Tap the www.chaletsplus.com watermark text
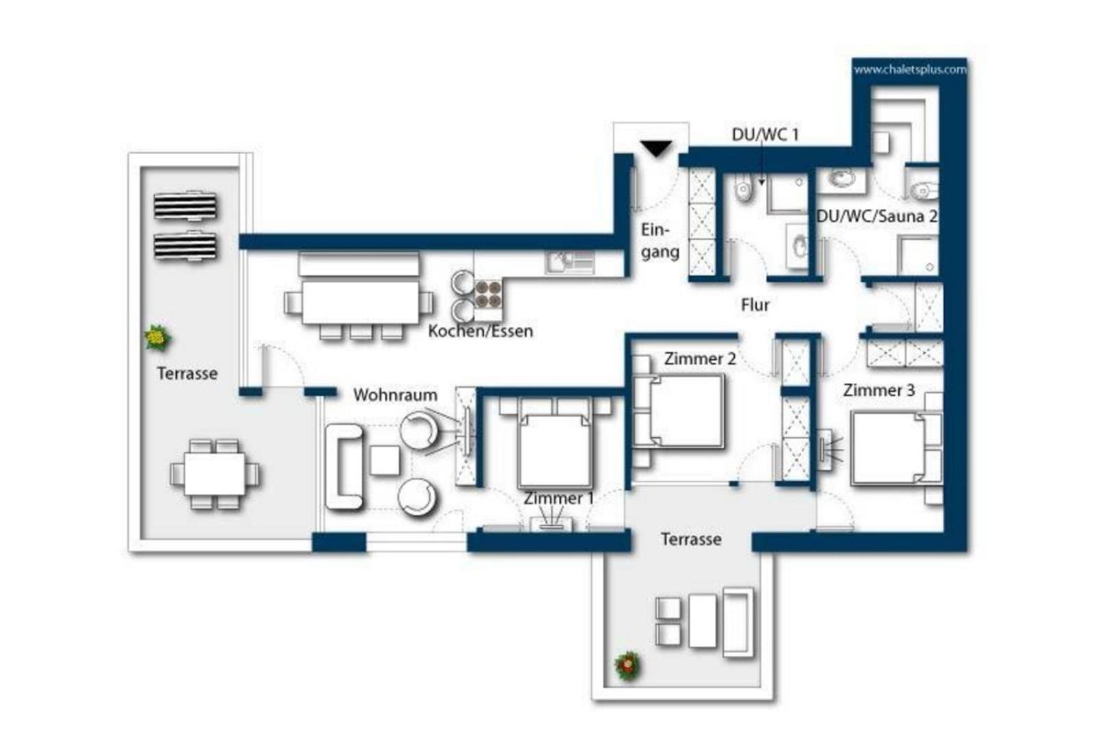910,69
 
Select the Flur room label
755,305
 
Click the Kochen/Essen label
481,332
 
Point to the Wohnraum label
395,395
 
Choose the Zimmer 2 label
700,359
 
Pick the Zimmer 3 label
879,391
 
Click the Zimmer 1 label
559,499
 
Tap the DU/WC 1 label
765,134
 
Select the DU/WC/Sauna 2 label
877,216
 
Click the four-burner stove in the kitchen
488,293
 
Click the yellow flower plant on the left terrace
158,338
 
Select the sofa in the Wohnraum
343,468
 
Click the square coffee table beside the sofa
385,460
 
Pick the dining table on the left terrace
215,473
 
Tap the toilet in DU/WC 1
744,190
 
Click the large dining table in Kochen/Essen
361,302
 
